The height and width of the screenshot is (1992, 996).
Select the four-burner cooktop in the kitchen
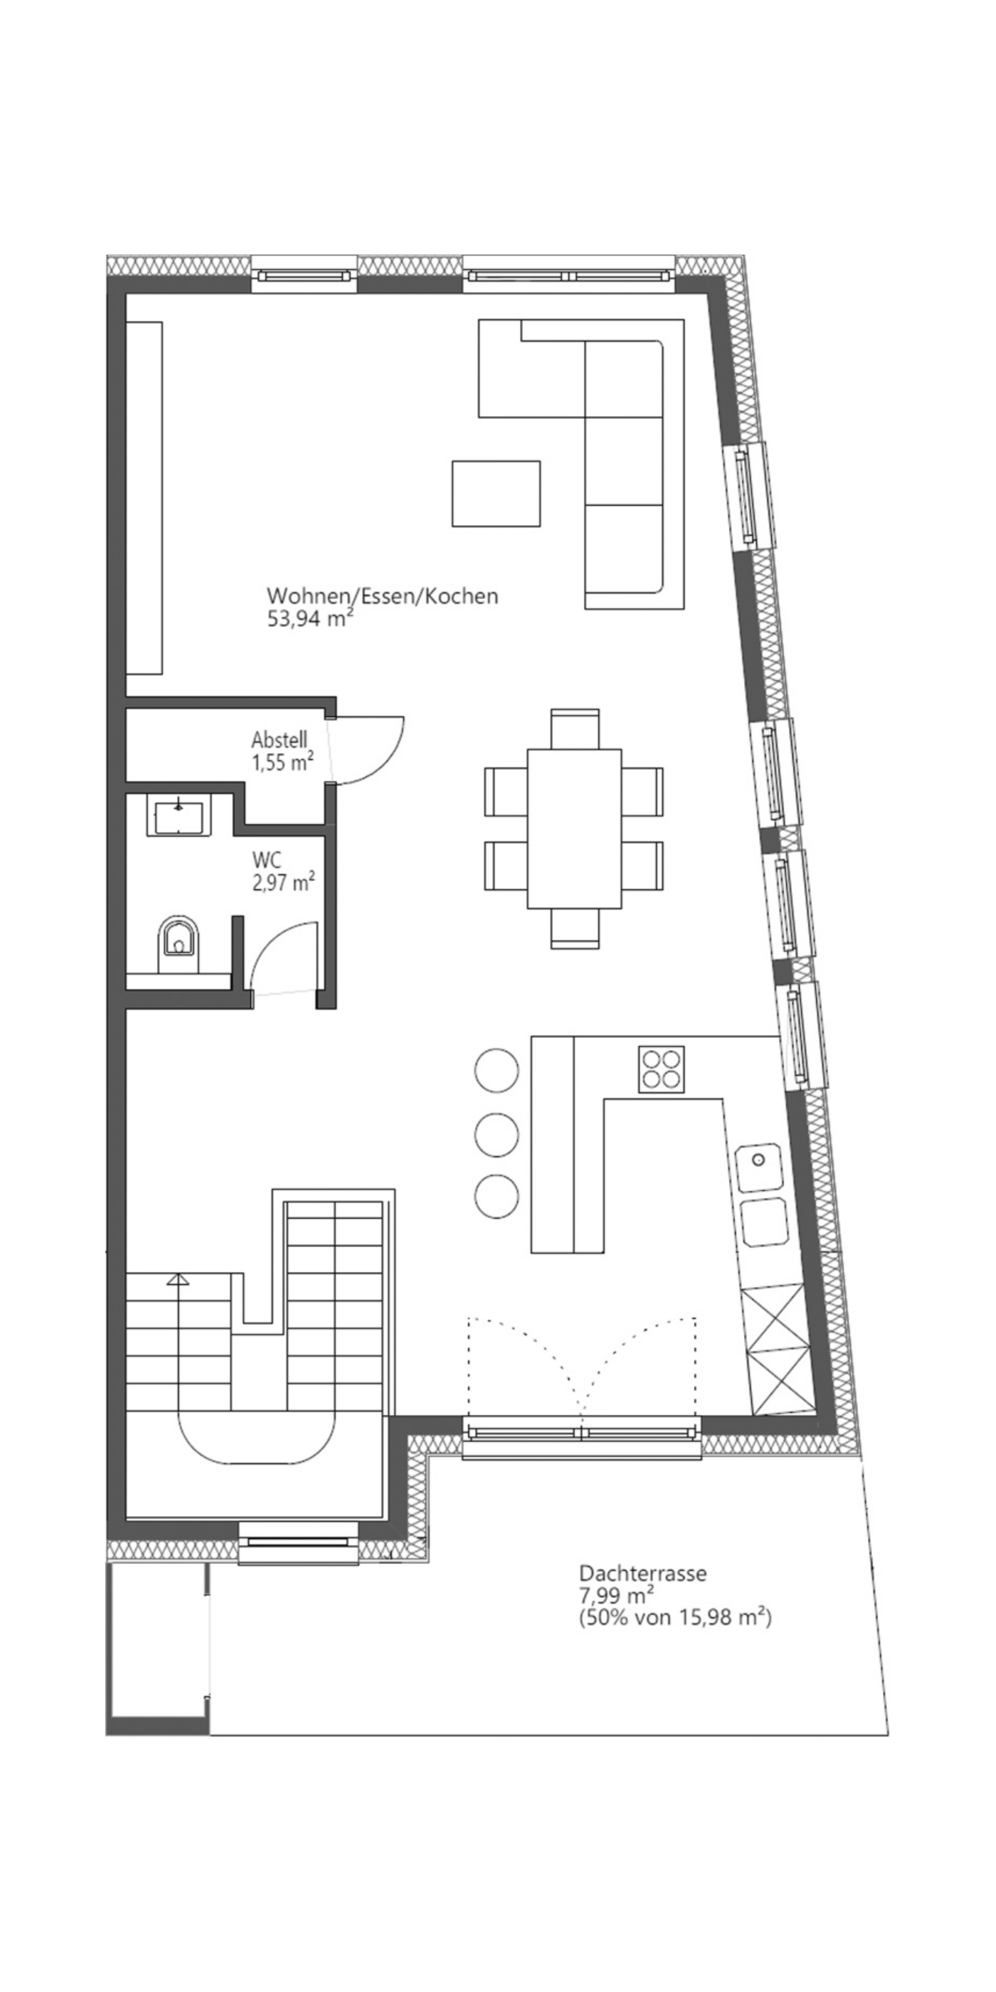(x=661, y=1069)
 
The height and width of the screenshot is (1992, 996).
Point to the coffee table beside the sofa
(x=496, y=493)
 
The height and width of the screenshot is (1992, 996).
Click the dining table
(x=574, y=828)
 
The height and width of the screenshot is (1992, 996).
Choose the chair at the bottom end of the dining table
(x=575, y=928)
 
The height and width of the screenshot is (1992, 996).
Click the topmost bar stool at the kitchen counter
(x=497, y=1070)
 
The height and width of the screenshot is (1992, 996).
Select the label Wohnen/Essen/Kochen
(x=382, y=596)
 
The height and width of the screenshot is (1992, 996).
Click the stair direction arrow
(x=179, y=1279)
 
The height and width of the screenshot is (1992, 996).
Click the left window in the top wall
(x=304, y=275)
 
